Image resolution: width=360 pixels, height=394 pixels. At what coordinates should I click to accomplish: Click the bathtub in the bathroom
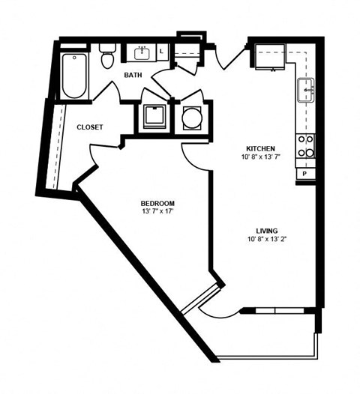point(73,76)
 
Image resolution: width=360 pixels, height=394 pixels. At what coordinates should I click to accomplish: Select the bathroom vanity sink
point(143,52)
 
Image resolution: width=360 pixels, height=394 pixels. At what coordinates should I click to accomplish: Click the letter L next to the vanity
point(163,52)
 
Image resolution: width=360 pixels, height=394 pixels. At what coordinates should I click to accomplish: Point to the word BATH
point(133,75)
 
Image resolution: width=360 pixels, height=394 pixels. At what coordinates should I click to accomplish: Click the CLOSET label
point(89,127)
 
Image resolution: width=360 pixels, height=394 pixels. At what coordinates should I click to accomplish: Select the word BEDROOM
point(157,204)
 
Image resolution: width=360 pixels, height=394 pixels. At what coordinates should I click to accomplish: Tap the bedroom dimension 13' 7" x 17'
point(157,213)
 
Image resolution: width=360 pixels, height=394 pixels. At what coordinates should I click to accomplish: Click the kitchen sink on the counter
point(306,91)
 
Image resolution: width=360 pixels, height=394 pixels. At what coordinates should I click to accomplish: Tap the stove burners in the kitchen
point(305,146)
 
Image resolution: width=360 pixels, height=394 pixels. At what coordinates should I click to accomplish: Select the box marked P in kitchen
point(305,174)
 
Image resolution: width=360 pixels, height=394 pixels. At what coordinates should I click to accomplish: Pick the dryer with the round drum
point(191,117)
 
